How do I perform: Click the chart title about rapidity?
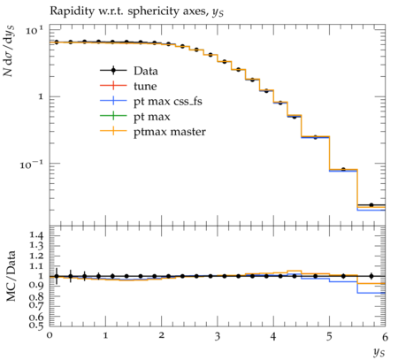(x=136, y=11)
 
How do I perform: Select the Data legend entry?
(x=129, y=71)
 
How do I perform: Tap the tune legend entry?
(x=128, y=86)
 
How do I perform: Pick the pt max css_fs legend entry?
(x=151, y=102)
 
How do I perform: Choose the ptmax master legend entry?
(x=153, y=132)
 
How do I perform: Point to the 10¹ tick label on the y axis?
(x=34, y=30)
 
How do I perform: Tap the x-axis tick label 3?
(x=218, y=336)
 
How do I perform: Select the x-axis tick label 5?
(x=329, y=336)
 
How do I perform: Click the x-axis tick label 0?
(x=50, y=335)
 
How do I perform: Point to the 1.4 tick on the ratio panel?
(x=36, y=235)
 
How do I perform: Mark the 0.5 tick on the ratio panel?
(x=36, y=326)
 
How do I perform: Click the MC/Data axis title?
(x=11, y=276)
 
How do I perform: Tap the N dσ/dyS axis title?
(x=10, y=51)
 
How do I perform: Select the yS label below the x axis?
(x=379, y=352)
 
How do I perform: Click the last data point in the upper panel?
(x=371, y=205)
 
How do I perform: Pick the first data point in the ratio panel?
(x=57, y=276)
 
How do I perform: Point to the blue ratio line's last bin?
(x=371, y=293)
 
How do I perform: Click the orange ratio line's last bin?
(x=371, y=284)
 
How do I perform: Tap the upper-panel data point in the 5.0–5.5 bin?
(x=343, y=169)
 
